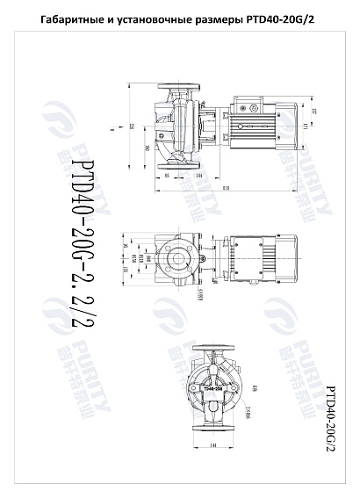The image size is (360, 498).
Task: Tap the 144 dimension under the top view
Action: (201, 177)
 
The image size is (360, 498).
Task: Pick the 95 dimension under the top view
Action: (167, 177)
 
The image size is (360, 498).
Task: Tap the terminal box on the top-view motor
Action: (243, 108)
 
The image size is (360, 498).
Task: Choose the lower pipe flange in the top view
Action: (173, 162)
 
